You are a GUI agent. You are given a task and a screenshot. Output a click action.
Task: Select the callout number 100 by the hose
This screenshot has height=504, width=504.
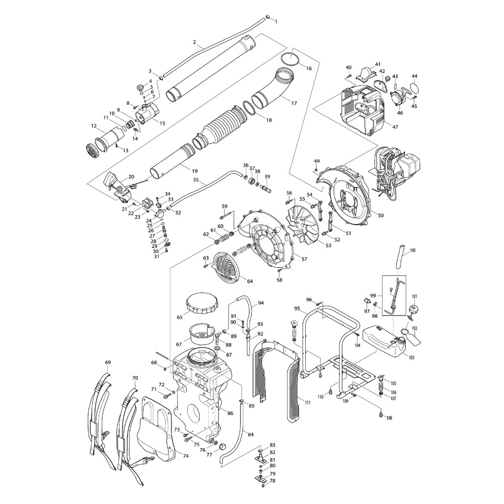tap(413, 250)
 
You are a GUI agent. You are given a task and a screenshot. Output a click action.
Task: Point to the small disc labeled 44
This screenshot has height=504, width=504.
tap(414, 88)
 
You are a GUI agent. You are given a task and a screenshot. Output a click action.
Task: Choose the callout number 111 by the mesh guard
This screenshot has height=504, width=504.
tap(307, 401)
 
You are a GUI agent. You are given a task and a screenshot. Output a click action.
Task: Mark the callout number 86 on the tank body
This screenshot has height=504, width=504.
tap(230, 413)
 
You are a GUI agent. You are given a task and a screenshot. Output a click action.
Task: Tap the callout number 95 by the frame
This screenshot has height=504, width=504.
tap(297, 308)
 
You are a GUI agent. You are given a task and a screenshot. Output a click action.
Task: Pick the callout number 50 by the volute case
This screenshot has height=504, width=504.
tap(381, 216)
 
